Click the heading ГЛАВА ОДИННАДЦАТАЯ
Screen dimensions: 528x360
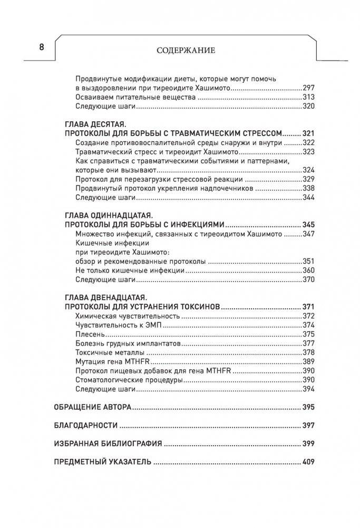(108, 215)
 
